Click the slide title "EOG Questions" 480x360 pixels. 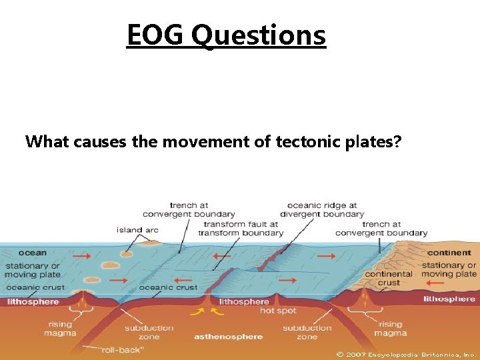pos(226,35)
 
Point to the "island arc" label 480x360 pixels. pos(137,230)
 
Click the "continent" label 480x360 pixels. pos(449,253)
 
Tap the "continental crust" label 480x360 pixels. pos(389,278)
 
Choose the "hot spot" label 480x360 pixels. pos(277,311)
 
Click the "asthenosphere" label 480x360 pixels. pos(229,337)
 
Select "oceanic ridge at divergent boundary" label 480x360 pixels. pos(321,210)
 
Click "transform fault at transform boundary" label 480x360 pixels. pos(241,229)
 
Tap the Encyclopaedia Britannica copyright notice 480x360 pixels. pos(407,354)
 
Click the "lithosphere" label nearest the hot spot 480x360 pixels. pos(244,301)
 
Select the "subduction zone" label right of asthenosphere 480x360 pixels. pos(307,332)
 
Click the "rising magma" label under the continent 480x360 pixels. pos(390,329)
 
